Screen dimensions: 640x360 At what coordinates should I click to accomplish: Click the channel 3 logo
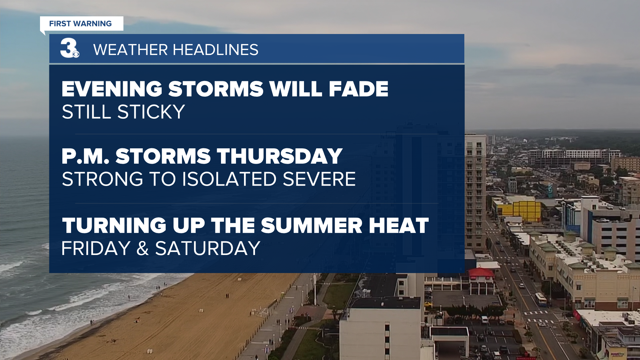pos(70,48)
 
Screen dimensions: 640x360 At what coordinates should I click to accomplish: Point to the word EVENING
pos(112,89)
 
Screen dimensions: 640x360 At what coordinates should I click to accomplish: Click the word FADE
pos(359,89)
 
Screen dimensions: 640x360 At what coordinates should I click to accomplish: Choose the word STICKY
pos(151,112)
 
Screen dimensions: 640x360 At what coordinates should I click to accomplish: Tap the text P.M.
pos(86,156)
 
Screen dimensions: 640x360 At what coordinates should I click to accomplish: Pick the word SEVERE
pos(319,179)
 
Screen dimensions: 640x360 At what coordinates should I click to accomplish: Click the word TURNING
pos(114,226)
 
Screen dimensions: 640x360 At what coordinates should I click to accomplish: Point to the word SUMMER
pos(311,226)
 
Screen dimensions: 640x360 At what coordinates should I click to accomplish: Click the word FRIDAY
pos(96,249)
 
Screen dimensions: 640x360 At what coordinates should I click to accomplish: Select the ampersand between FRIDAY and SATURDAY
pos(143,249)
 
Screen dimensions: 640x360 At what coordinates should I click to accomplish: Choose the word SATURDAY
pos(208,249)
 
